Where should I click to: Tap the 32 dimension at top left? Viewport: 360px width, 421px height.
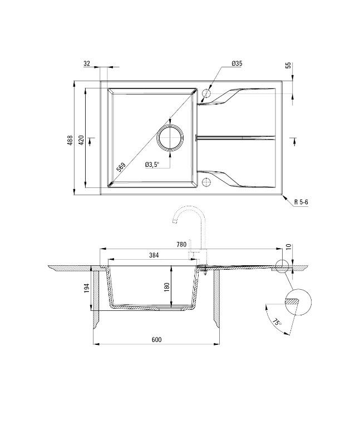[x=87, y=64]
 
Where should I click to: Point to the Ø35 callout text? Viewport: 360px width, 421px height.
[x=237, y=64]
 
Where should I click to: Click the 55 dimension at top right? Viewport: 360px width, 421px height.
[x=288, y=65]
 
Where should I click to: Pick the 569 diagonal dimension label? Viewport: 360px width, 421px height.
[x=120, y=165]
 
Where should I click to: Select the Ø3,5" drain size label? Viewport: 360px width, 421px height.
[x=151, y=164]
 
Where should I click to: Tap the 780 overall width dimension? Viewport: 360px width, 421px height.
[x=181, y=244]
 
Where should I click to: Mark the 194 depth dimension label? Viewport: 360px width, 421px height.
[x=86, y=288]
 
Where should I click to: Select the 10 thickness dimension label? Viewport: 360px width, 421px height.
[x=288, y=246]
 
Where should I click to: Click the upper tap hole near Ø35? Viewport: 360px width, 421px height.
[x=207, y=93]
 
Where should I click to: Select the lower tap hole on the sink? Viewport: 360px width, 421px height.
[x=207, y=181]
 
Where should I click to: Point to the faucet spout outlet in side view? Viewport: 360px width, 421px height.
[x=175, y=222]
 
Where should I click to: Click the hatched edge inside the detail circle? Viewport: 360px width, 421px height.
[x=292, y=301]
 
